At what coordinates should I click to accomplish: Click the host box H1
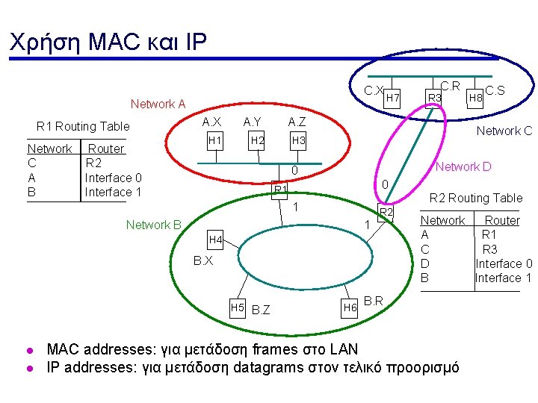point(215,140)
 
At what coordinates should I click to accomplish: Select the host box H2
point(257,140)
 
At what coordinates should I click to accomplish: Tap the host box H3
point(299,140)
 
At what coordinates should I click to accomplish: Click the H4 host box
point(215,240)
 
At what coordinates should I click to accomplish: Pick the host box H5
point(238,307)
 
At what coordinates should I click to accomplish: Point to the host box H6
point(350,307)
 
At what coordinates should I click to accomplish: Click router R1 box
point(280,190)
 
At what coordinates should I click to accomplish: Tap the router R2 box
point(386,214)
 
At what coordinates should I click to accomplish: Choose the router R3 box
point(434,98)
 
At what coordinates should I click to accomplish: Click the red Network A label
point(158,104)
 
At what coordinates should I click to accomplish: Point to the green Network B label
point(154,225)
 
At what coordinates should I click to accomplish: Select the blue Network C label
point(504,131)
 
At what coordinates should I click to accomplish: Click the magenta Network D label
point(463,166)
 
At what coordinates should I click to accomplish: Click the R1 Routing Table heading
point(83,126)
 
